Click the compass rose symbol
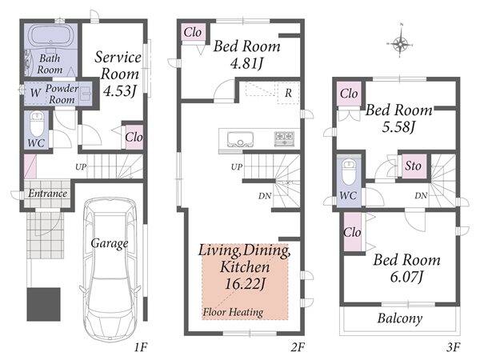(400, 44)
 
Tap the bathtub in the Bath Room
(51, 36)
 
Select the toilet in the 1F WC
(38, 124)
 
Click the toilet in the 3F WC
(349, 172)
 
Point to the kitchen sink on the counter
(240, 140)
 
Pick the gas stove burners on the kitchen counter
(284, 138)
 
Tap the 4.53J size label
(119, 90)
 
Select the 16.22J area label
(245, 284)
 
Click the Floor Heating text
(233, 312)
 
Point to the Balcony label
(400, 318)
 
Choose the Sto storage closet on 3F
(413, 166)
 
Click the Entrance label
(47, 194)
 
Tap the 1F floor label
(141, 347)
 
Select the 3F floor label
(454, 347)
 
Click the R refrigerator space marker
(288, 93)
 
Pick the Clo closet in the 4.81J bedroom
(193, 32)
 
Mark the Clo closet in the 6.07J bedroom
(352, 232)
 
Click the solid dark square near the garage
(43, 304)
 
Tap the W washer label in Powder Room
(35, 93)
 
